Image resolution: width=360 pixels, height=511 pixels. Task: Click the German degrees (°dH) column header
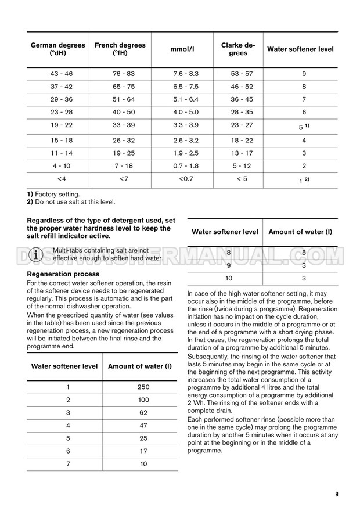57,49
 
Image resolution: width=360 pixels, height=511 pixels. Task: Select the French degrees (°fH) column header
120,49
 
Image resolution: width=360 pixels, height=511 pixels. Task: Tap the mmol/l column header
186,49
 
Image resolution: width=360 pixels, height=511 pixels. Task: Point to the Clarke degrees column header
238,49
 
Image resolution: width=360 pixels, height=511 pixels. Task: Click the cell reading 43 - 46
57,74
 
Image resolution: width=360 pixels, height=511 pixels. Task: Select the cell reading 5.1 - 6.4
186,99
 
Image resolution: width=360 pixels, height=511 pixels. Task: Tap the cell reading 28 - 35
242,112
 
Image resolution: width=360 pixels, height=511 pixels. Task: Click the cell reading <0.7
186,179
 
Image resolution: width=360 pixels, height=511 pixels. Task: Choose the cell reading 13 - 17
242,153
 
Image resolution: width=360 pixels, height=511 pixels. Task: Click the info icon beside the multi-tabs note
37,254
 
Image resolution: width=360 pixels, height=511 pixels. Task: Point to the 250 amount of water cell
143,387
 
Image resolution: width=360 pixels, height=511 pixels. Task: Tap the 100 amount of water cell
143,400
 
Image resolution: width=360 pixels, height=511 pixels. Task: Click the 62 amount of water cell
143,413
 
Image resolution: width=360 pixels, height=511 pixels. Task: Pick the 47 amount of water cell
143,426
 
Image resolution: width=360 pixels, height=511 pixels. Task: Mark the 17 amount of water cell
143,451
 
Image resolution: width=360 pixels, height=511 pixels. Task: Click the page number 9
337,494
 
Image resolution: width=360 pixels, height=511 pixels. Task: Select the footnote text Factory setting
57,194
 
